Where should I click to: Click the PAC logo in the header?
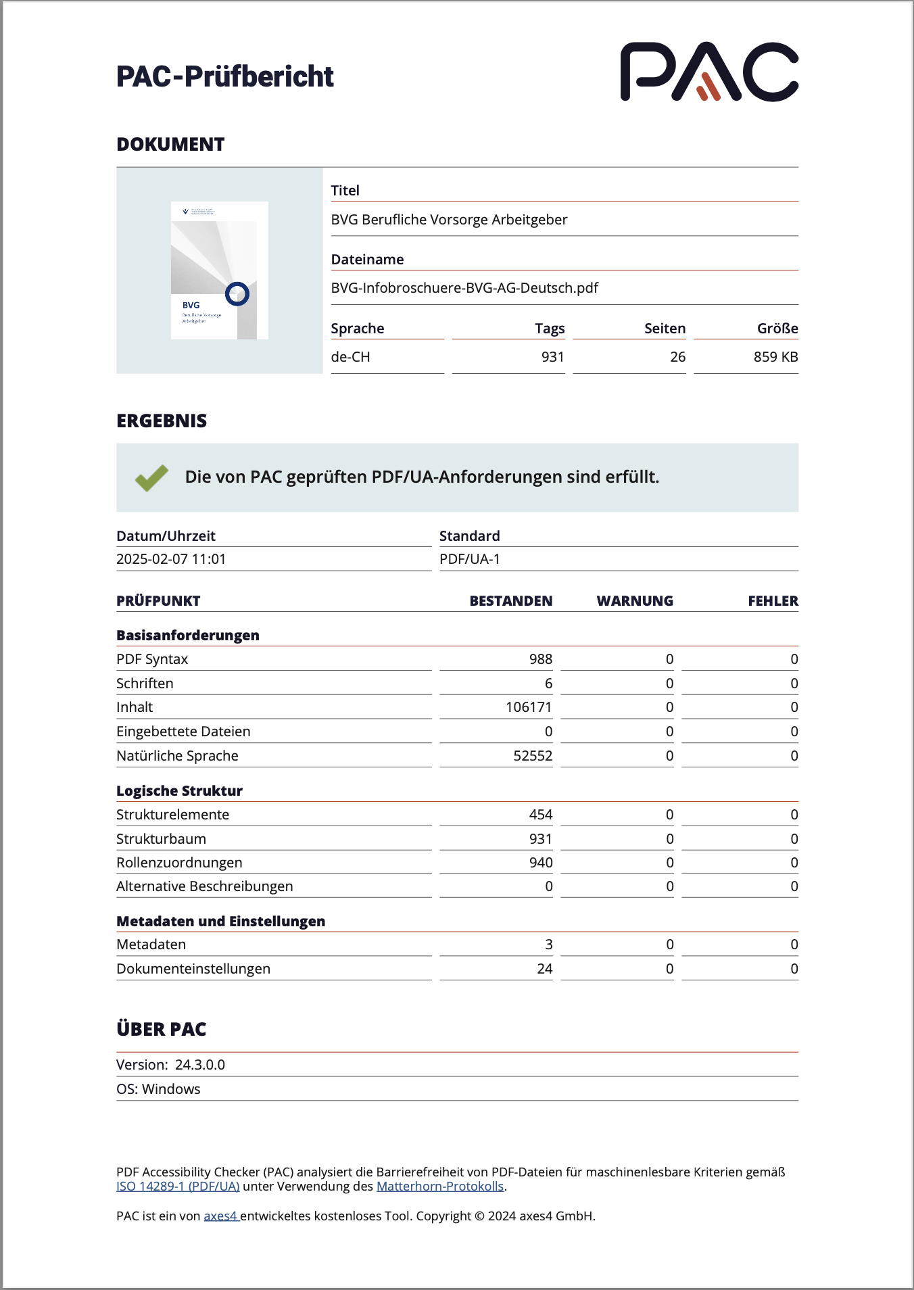coord(709,72)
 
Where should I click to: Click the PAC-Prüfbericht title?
coord(225,76)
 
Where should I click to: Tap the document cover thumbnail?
coord(220,270)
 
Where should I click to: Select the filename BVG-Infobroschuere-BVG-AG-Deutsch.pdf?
coord(464,288)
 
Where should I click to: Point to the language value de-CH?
coord(350,357)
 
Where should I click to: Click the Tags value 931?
coord(552,357)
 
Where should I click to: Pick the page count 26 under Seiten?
coord(677,357)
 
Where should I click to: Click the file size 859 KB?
coord(775,357)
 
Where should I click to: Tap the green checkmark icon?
coord(152,477)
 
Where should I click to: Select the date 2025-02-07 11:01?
coord(171,559)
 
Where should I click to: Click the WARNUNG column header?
coord(635,601)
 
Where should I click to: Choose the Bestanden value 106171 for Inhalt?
coord(529,707)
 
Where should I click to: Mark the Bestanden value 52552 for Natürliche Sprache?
coord(533,756)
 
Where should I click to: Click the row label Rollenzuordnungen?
coord(179,863)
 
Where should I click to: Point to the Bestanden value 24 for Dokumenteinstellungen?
coord(545,969)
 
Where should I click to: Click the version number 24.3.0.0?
coord(200,1065)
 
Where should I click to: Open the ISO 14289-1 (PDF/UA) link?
coord(178,1187)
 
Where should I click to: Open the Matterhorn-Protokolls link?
coord(439,1187)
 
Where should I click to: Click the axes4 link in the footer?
coord(220,1216)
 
